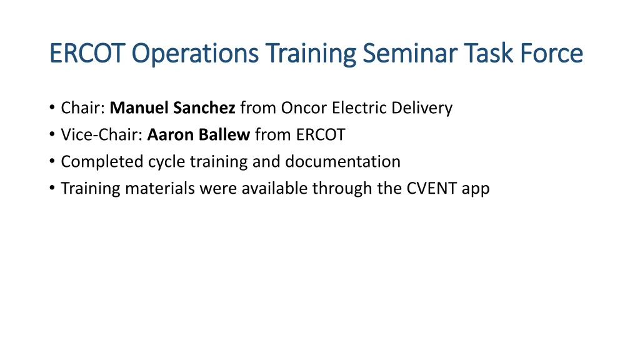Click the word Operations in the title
point(196,54)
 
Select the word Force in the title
point(550,54)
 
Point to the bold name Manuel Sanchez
point(172,108)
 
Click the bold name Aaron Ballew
point(199,135)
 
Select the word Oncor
point(304,108)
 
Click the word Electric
point(362,108)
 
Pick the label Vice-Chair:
point(102,135)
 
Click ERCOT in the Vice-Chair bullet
point(321,135)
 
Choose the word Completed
point(102,162)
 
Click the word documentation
point(342,162)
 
